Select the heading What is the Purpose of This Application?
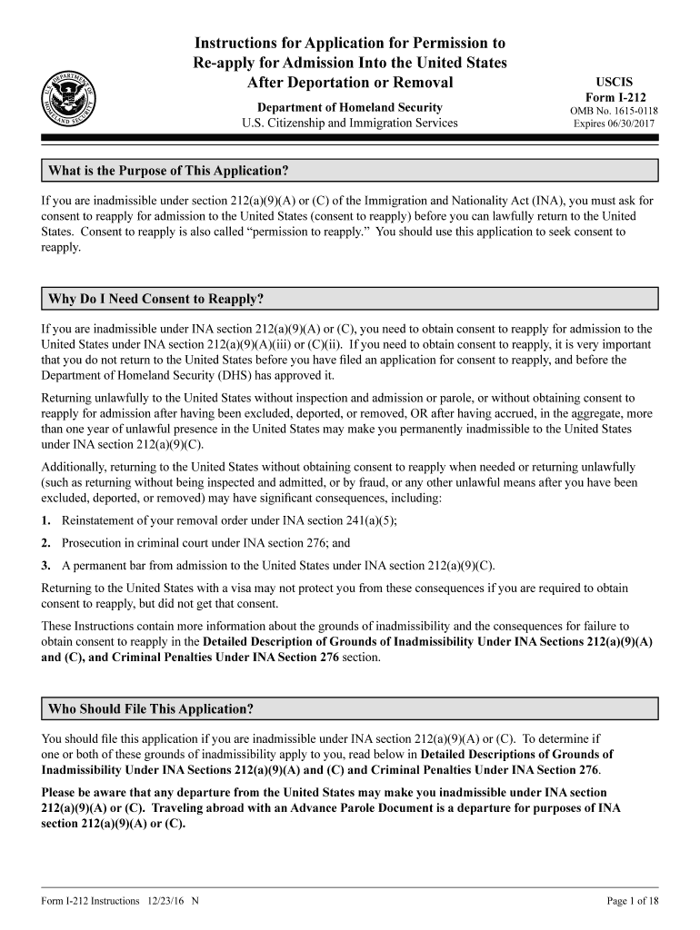pyautogui.click(x=168, y=171)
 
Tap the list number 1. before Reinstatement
pyautogui.click(x=46, y=520)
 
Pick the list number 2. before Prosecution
pyautogui.click(x=46, y=543)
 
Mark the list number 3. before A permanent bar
pyautogui.click(x=46, y=565)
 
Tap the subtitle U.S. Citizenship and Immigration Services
pyautogui.click(x=350, y=124)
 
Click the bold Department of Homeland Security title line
pyautogui.click(x=350, y=107)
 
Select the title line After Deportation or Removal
pyautogui.click(x=350, y=84)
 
